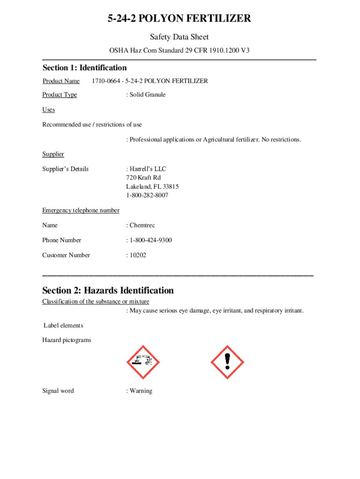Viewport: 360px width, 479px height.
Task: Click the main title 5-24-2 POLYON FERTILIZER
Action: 180,19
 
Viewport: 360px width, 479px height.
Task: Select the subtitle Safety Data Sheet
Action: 179,37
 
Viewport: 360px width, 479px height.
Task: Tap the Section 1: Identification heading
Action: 84,68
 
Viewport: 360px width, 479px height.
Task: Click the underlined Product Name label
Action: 61,81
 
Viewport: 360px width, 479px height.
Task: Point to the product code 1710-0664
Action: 105,81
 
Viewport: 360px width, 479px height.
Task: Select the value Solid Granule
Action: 147,94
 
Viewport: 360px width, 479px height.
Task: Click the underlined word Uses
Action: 49,109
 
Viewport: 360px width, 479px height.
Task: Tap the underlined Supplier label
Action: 53,154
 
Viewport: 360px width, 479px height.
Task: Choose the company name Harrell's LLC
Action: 147,169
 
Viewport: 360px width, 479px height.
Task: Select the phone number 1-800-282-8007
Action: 147,196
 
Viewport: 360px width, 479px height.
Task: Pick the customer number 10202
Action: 138,255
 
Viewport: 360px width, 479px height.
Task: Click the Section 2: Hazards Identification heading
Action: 108,290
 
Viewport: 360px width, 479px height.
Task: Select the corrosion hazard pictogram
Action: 143,362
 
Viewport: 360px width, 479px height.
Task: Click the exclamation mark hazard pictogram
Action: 228,362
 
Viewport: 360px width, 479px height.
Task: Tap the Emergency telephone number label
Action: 81,210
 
